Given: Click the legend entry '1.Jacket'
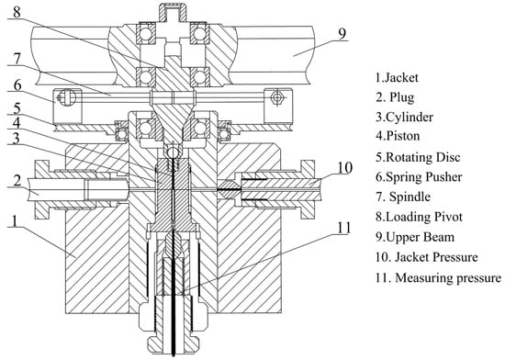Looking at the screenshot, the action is pos(397,78).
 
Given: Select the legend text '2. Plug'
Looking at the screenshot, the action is pos(395,97).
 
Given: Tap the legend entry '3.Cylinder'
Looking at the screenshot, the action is pos(404,117).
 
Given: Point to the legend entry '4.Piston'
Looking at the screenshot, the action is pos(398,136).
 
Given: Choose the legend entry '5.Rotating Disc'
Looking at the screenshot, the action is pos(418,157).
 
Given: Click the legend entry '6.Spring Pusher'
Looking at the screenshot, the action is pos(419,177).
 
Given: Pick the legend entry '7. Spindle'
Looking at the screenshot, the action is pos(403,197).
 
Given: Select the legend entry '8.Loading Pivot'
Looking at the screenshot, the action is pos(419,217).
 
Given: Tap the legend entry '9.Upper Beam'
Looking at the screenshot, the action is pos(415,237).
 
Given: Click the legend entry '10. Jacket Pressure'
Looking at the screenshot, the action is pos(426,257).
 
